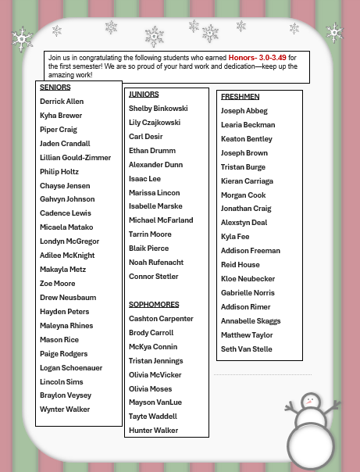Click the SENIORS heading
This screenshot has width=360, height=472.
pos(55,88)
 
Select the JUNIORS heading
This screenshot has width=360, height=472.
pos(144,95)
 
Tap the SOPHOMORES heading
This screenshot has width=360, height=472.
pos(154,305)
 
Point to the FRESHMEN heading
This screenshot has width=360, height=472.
pos(240,97)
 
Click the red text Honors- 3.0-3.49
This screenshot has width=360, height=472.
pos(258,58)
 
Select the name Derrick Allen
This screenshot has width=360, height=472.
pos(62,102)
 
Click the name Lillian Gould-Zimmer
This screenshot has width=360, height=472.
pos(76,158)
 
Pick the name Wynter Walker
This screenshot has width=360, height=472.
pos(65,409)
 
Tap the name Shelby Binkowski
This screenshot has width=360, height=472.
pos(159,109)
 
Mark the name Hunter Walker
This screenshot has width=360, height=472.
pos(154,431)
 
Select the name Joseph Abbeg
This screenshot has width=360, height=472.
pos(244,111)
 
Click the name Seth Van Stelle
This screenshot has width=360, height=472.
pos(247,349)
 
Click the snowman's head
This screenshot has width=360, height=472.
pos(311,402)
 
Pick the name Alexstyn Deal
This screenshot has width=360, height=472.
pos(244,223)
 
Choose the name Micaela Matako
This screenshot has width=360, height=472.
pos(67,227)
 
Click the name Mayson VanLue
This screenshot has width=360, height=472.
pos(156,402)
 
